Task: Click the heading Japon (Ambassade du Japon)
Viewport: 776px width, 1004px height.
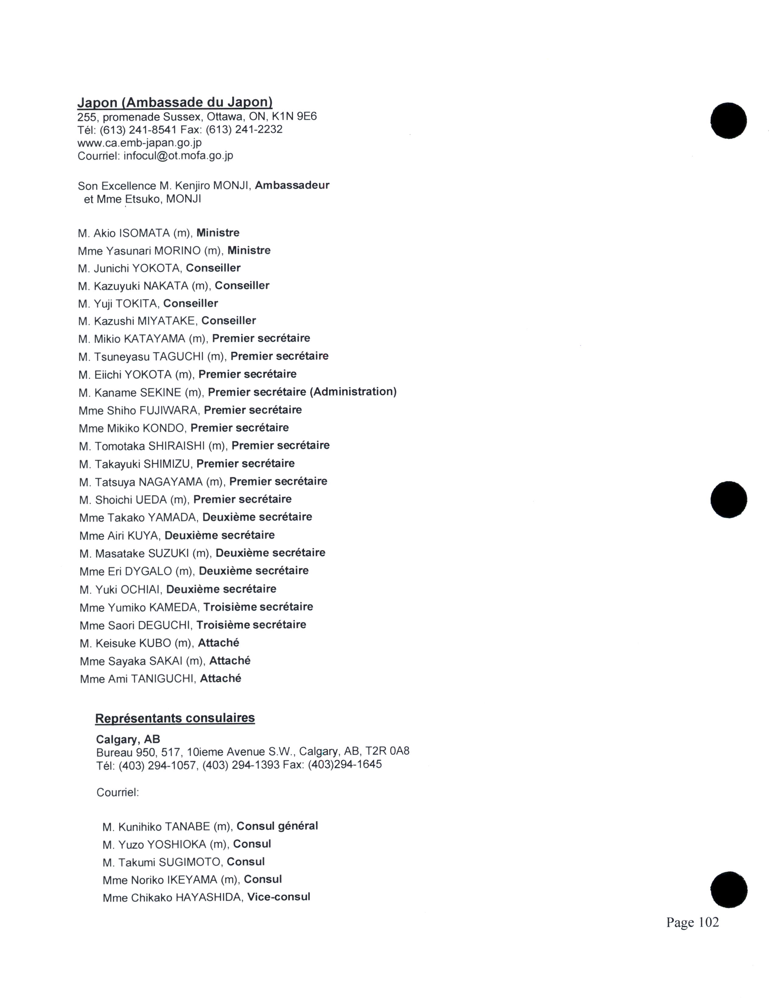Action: [175, 102]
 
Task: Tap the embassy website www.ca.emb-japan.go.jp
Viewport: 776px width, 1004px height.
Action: [139, 142]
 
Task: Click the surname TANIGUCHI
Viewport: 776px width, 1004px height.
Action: [162, 679]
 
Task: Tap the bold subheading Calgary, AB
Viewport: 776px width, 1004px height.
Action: [128, 739]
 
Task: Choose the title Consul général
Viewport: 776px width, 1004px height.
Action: [277, 826]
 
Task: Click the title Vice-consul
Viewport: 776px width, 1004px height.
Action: [278, 897]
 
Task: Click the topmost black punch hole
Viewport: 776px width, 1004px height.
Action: [728, 121]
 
